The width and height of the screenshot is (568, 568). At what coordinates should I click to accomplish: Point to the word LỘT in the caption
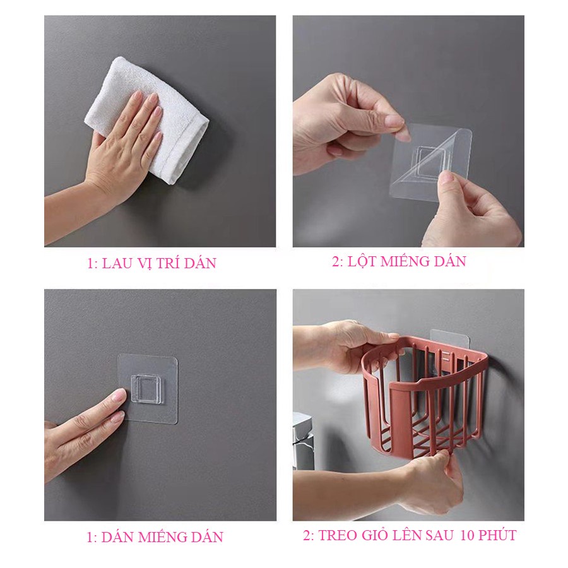361,261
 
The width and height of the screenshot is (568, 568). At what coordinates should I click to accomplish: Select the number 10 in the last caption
468,535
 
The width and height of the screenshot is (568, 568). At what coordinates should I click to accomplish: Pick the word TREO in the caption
336,535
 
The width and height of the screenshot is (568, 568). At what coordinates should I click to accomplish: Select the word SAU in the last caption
439,535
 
